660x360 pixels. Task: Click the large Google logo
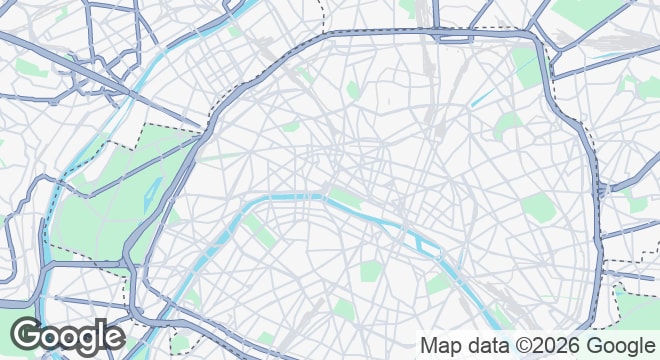pyautogui.click(x=67, y=336)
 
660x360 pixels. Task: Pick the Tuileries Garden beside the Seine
pyautogui.click(x=344, y=195)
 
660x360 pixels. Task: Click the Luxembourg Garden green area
pyautogui.click(x=370, y=270)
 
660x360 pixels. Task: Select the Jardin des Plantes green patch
pyautogui.click(x=437, y=283)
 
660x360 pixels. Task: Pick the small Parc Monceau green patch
pyautogui.click(x=290, y=127)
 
